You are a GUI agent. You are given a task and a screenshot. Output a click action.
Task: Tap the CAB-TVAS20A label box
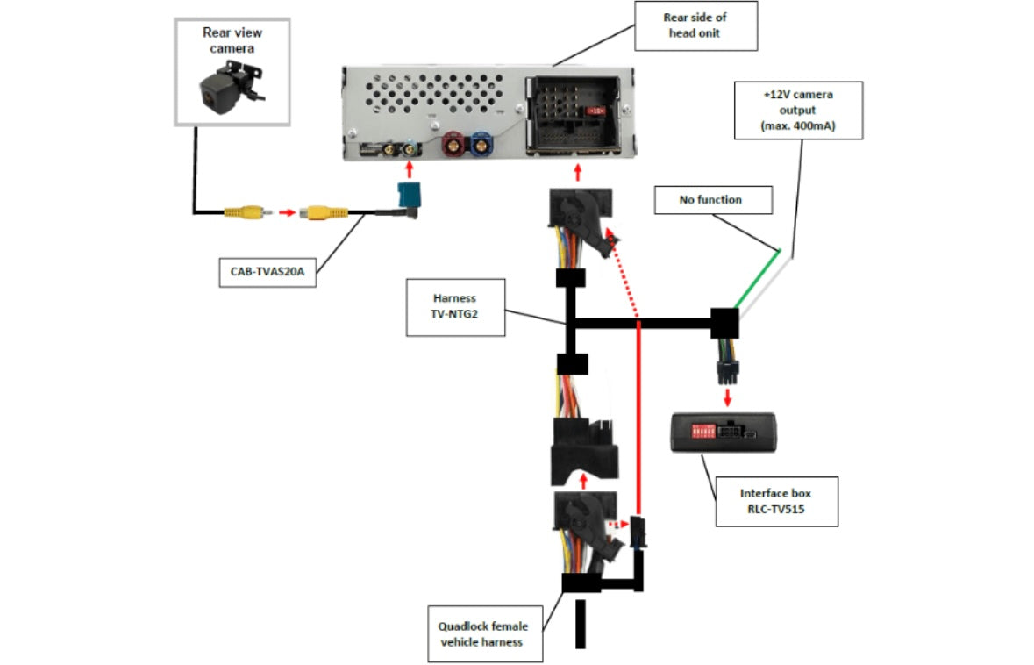tap(267, 271)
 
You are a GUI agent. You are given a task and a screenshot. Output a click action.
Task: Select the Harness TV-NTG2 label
tap(455, 307)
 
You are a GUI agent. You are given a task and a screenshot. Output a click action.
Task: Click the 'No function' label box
tap(712, 200)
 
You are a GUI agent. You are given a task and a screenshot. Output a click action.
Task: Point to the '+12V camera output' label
tap(798, 110)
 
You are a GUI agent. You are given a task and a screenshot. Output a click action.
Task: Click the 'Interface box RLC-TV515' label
tap(776, 502)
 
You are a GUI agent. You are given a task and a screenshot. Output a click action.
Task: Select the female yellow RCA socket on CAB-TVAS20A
tap(323, 211)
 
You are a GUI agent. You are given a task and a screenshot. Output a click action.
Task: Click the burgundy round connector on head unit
tap(453, 143)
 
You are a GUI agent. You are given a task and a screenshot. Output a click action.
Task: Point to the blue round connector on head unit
tap(481, 143)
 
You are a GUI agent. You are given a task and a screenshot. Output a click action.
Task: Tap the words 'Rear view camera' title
tap(232, 39)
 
